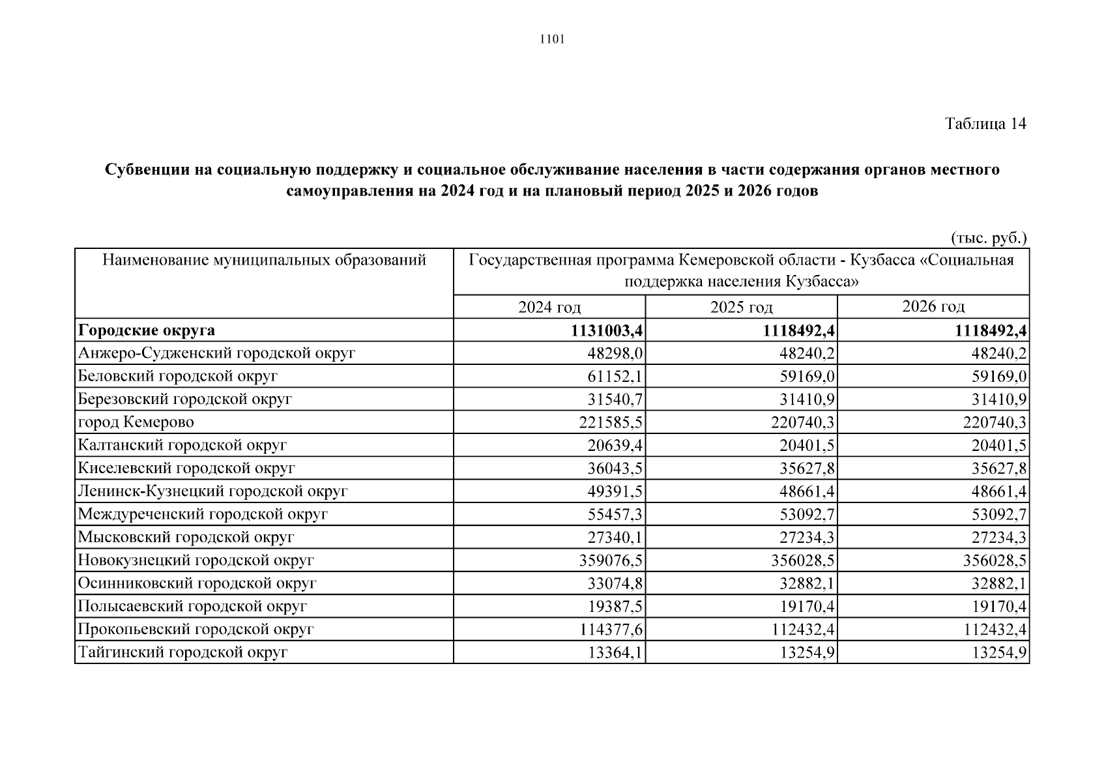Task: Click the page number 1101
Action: pos(552,40)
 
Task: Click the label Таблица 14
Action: pos(985,124)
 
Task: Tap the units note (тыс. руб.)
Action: pos(988,239)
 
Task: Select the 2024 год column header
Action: pos(549,307)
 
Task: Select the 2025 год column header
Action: pos(741,307)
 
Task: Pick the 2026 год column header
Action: pos(933,306)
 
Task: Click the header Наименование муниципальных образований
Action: pos(264,261)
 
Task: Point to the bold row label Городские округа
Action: pos(146,330)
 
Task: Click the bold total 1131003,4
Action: pos(607,331)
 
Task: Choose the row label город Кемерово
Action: pos(136,422)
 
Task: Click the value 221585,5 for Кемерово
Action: pos(611,423)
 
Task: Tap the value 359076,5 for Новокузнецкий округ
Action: pos(611,560)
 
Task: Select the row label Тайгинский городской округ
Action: pos(182,652)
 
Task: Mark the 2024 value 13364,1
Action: pos(615,653)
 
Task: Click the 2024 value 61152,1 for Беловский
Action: pos(615,377)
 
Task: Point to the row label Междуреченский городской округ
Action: pos(202,515)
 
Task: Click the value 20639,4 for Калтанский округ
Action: pos(615,446)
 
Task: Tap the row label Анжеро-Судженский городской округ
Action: pos(216,354)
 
